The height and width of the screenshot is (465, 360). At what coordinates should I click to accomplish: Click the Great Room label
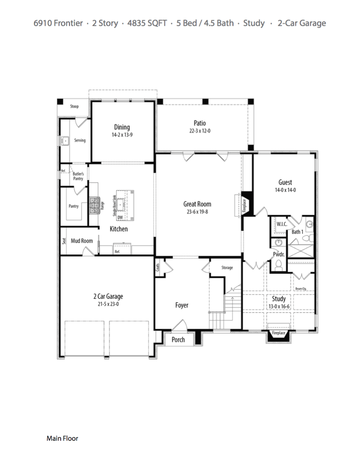click(x=197, y=204)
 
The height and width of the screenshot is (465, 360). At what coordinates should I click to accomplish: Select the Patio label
click(x=200, y=123)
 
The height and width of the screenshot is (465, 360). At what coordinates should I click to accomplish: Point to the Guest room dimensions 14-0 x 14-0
click(x=285, y=190)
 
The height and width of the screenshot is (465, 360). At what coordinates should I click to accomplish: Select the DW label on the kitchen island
click(x=120, y=217)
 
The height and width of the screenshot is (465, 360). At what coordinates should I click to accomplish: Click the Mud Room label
click(x=82, y=241)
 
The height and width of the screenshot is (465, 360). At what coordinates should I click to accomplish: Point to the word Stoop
click(x=74, y=106)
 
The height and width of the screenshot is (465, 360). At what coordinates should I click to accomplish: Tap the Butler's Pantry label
click(x=78, y=176)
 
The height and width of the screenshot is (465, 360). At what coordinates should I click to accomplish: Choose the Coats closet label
click(x=158, y=267)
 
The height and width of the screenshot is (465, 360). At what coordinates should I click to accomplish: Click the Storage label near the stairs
click(x=227, y=268)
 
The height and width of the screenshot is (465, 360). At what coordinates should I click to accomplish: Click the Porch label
click(x=178, y=339)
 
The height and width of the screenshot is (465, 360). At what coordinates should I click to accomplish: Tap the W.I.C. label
click(x=282, y=224)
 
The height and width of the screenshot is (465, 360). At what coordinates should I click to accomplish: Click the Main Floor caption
click(x=62, y=438)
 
